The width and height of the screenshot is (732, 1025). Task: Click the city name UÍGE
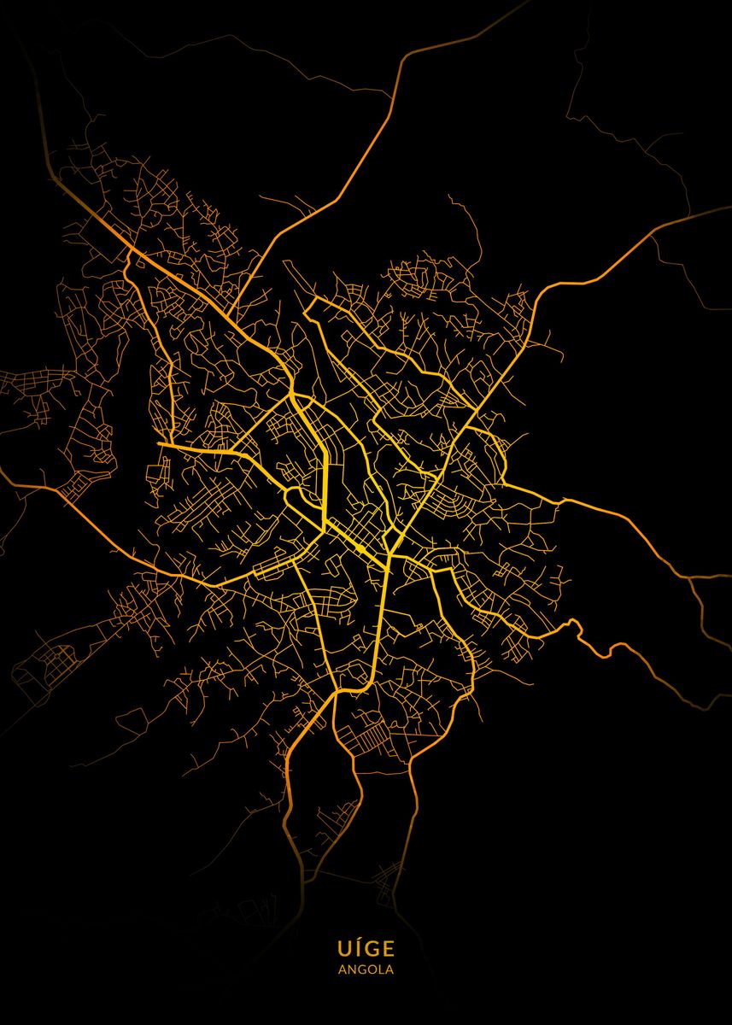pos(366,948)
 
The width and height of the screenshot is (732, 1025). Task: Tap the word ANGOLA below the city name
pos(366,969)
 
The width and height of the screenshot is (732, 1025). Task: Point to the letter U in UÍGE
pos(344,948)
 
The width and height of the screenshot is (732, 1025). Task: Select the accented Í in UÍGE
pos(358,948)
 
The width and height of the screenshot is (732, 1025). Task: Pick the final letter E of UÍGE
pos(388,948)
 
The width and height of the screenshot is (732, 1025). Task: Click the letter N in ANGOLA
pos(352,969)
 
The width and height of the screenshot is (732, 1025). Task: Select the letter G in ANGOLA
pos(362,969)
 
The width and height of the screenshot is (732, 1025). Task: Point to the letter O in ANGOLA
pos(372,969)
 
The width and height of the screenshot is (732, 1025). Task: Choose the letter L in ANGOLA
pos(381,969)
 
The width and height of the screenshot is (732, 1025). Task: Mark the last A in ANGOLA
pos(389,969)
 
